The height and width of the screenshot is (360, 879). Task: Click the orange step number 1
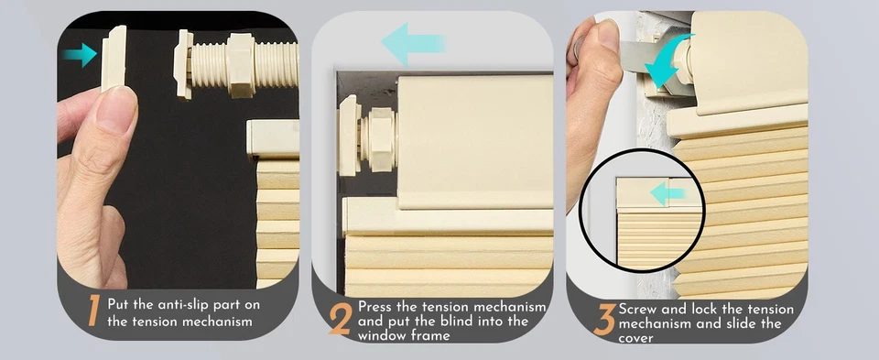[x=93, y=311]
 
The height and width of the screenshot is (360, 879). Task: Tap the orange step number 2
[x=341, y=319]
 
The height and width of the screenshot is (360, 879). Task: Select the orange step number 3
[x=604, y=320]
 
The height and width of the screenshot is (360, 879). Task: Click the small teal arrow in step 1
[x=80, y=55]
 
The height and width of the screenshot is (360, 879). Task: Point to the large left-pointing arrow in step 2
[x=413, y=44]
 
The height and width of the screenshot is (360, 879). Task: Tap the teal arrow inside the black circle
[x=667, y=194]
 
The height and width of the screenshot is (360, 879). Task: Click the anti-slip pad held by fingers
[x=114, y=59]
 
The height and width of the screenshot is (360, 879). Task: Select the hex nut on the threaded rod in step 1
[x=241, y=65]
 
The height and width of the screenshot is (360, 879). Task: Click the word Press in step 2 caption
[x=374, y=307]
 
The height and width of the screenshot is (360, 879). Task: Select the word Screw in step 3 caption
[x=637, y=309]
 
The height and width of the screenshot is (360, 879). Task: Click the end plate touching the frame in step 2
[x=348, y=136]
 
